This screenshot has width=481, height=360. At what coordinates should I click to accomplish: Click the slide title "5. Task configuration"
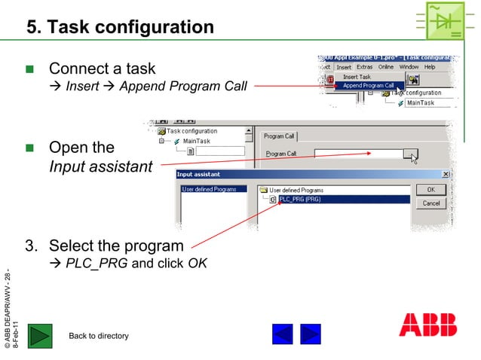[120, 28]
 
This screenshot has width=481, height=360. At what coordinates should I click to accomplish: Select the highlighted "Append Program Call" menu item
[368, 86]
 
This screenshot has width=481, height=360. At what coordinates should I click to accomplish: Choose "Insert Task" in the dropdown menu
[357, 77]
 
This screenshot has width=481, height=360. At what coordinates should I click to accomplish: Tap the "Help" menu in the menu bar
[430, 67]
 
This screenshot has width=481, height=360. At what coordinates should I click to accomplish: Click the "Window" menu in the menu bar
[409, 67]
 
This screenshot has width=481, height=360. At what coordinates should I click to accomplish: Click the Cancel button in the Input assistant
[430, 203]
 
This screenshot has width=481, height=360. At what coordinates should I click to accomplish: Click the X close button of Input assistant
[444, 175]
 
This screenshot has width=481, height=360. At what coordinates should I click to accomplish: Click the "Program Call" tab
[280, 136]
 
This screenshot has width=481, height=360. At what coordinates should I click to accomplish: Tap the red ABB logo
[427, 324]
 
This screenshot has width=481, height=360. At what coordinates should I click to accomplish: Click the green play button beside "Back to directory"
[40, 335]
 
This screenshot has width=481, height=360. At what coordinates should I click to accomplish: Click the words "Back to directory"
[98, 336]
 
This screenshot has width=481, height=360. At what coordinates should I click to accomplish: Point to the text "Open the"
[81, 147]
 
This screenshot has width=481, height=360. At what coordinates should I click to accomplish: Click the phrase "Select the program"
[115, 246]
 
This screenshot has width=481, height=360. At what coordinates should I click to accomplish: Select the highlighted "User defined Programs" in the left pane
[209, 189]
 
